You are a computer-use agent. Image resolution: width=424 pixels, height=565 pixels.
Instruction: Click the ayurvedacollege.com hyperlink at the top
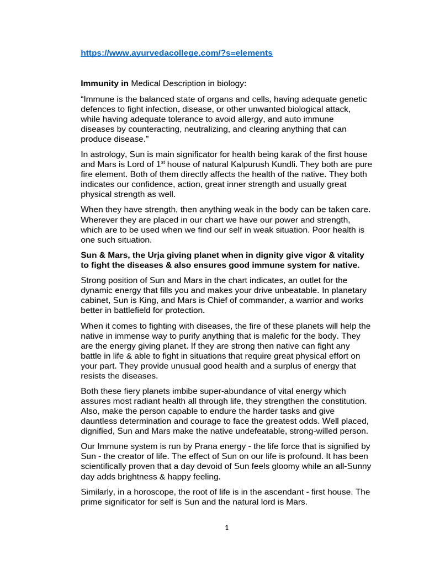click(x=177, y=53)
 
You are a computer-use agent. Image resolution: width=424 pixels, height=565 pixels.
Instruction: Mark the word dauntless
click(x=104, y=420)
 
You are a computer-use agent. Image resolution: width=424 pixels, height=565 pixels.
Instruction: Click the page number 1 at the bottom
click(x=226, y=527)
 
